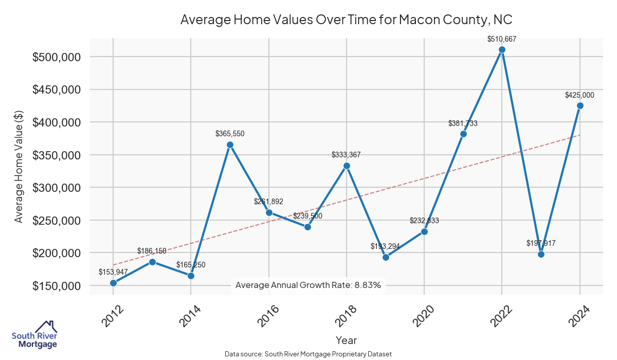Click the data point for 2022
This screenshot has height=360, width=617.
point(502,50)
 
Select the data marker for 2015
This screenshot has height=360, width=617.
point(230,145)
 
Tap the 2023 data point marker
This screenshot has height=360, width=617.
point(541,254)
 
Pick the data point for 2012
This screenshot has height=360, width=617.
point(113,283)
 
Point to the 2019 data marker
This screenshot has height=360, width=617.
point(386,257)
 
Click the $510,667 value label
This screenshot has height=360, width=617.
point(502,39)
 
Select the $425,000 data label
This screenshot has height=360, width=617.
point(579,95)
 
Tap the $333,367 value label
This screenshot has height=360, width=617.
point(347,155)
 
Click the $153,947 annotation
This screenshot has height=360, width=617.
point(113,272)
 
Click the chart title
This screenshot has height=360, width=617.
point(347,20)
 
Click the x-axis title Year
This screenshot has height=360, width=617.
point(346,340)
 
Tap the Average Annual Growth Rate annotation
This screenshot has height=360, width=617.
point(308,285)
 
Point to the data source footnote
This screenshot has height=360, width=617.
point(308,354)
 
